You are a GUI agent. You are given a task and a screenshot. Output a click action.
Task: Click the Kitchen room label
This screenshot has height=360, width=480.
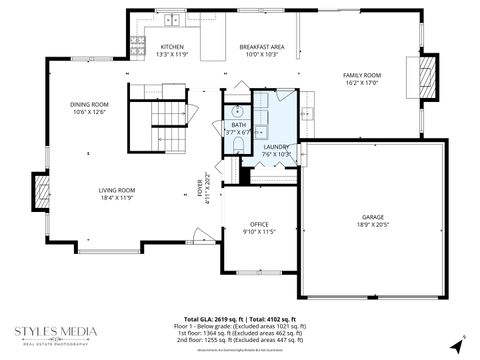click(x=172, y=47)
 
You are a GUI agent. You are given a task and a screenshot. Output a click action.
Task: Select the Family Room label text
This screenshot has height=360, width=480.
click(x=362, y=75)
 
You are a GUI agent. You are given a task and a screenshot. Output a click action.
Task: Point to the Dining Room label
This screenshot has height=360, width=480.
click(x=88, y=104)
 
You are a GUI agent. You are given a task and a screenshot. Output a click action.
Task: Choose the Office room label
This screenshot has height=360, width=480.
click(x=259, y=224)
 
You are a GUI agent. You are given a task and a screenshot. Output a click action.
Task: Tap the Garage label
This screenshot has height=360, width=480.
click(x=373, y=217)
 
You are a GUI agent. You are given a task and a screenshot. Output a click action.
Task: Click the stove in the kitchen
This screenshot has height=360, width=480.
click(x=137, y=44)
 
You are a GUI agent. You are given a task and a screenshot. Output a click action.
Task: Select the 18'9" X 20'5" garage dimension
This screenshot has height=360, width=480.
click(x=373, y=225)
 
